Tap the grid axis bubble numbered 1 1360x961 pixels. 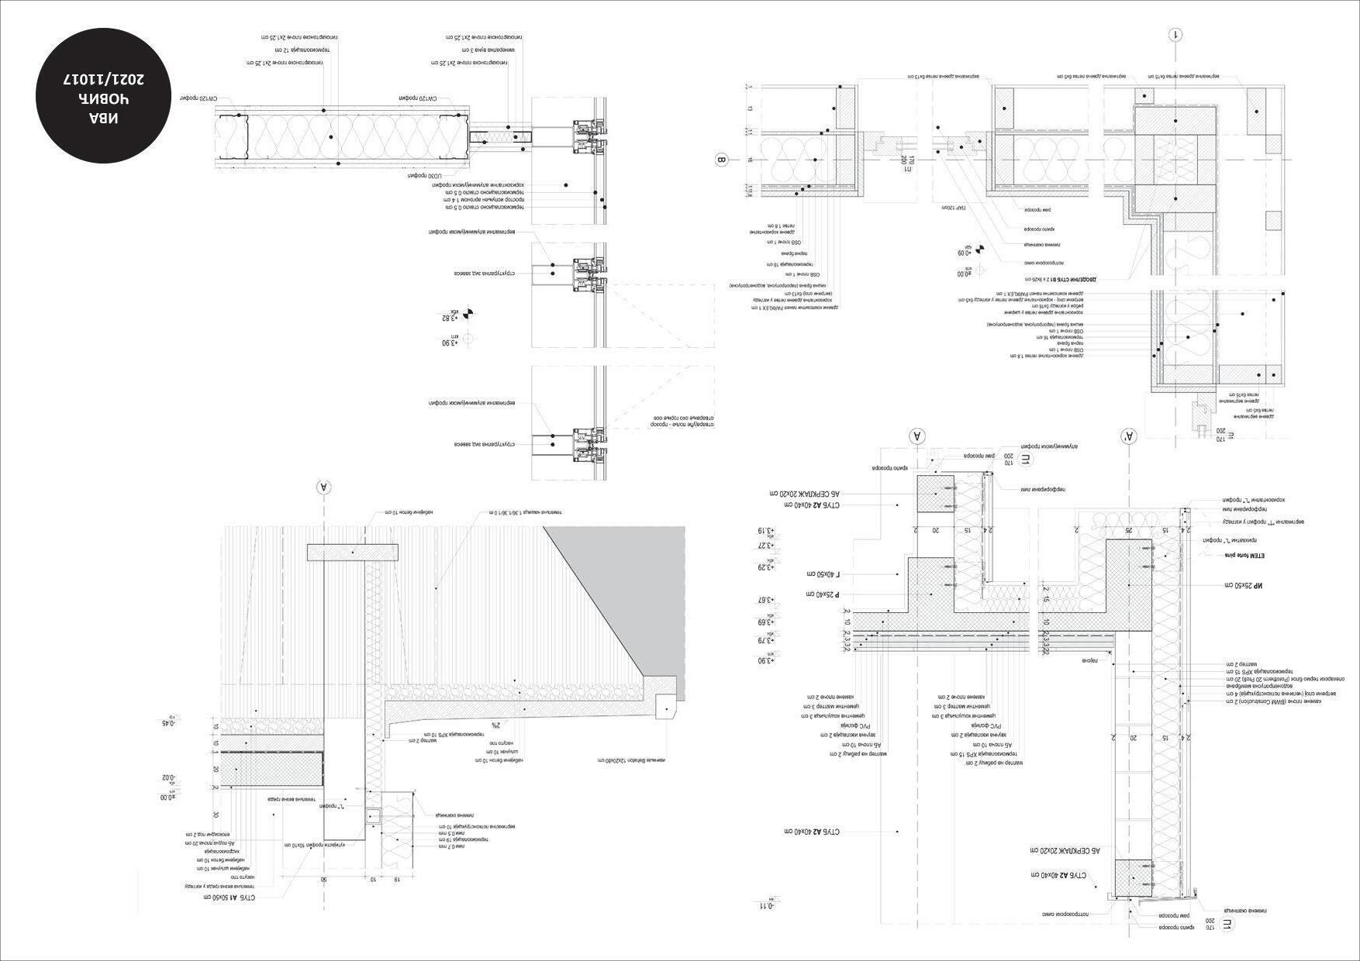pyautogui.click(x=1176, y=35)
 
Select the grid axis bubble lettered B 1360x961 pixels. pyautogui.click(x=721, y=161)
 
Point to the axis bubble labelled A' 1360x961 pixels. pyautogui.click(x=1127, y=437)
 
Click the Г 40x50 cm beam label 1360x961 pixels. pyautogui.click(x=828, y=575)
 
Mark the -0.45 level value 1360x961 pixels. pyautogui.click(x=168, y=722)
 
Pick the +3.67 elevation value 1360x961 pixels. pyautogui.click(x=765, y=600)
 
